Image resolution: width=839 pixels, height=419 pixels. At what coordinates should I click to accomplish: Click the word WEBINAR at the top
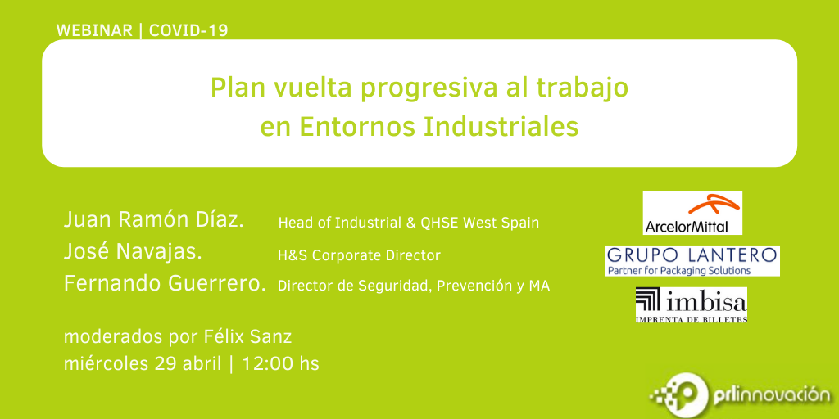pos(94,30)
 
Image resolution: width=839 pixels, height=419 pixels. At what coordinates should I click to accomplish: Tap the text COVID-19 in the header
pos(188,30)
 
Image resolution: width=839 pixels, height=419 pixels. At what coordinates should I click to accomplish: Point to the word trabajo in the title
pos(588,89)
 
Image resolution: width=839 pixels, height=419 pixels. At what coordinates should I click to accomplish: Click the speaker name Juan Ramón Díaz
pos(153,219)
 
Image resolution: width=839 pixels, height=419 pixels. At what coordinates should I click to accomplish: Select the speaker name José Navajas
pos(133,252)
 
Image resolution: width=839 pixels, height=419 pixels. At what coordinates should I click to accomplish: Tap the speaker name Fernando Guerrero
pos(165,284)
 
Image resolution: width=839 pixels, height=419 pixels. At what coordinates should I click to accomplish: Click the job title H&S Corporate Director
pos(359,256)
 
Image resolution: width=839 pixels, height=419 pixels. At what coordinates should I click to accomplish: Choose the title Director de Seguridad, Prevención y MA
pos(414,286)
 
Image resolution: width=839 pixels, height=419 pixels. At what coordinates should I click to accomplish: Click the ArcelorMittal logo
pos(692,213)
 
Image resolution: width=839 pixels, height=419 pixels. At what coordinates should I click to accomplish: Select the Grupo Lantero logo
pos(692,261)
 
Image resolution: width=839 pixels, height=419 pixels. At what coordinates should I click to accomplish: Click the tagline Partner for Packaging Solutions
pos(678,270)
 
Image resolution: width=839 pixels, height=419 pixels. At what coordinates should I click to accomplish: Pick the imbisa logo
pos(692,304)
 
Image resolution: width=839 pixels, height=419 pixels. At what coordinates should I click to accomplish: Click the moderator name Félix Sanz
pos(248,337)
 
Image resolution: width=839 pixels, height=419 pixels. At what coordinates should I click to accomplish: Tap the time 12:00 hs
pos(280,364)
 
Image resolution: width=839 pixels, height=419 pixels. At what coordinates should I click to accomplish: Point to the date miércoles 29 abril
pos(143,364)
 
